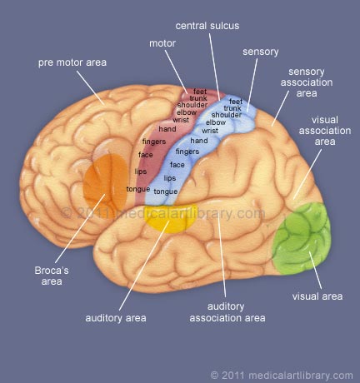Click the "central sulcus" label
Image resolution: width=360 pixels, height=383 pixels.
207,26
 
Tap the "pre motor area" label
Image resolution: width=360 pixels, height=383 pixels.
72,62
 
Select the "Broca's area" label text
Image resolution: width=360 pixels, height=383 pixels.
52,276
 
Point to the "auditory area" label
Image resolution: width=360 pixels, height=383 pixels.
116,318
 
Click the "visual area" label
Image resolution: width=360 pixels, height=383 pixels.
317,296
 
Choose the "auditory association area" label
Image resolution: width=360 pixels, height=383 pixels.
227,312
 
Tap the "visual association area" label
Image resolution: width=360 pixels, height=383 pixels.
325,131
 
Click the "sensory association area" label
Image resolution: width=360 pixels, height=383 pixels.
307,82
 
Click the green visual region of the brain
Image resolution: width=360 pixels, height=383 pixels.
302,239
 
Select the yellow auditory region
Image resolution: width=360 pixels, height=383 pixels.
170,218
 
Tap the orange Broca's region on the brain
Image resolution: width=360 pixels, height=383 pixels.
106,181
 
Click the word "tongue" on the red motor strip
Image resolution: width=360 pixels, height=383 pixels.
138,189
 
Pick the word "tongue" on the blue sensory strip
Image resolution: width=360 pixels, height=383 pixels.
166,191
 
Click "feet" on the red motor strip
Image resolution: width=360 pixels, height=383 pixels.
200,92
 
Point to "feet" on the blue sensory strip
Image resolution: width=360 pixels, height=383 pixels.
236,102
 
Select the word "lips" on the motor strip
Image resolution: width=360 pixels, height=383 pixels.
141,172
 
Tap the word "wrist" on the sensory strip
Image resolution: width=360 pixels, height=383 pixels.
210,131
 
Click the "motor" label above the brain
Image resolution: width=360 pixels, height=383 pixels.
162,43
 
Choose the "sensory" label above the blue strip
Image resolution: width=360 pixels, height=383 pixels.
261,52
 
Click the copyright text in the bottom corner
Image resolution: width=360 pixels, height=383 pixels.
282,376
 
